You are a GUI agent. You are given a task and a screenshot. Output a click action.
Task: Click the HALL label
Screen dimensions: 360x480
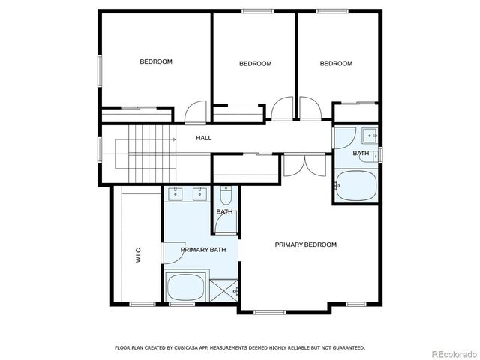203,138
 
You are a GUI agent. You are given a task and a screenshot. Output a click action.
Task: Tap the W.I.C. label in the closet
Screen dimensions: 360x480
139,256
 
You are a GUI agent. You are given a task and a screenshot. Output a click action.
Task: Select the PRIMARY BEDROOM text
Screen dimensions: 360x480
305,244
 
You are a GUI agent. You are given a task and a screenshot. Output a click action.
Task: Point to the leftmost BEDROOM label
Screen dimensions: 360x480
156,61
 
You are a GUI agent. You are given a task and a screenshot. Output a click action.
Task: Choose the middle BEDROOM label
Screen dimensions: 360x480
255,64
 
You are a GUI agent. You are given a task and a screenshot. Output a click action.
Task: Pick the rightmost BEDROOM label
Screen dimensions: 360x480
336,64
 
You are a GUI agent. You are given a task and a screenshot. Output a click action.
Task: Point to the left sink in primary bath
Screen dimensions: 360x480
175,195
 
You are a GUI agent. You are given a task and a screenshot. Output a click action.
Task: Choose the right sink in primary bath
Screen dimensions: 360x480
201,195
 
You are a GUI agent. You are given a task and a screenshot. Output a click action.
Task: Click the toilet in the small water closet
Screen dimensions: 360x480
226,197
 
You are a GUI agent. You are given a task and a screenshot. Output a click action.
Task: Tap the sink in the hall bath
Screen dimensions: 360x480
369,136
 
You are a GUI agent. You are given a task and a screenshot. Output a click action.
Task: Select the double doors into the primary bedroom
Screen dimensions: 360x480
305,163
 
